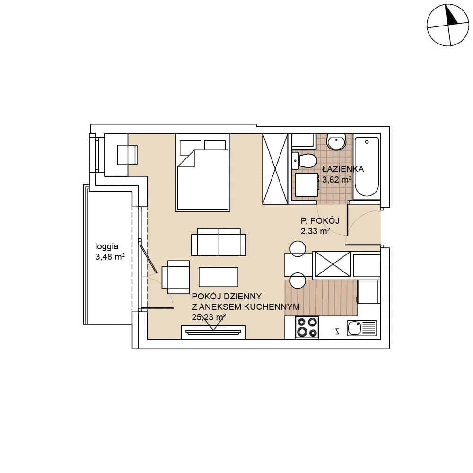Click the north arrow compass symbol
tap(448, 25)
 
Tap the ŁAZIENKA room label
tap(343, 169)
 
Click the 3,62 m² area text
tap(337, 180)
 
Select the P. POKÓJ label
tap(320, 221)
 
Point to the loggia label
tap(107, 246)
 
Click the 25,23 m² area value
tap(209, 317)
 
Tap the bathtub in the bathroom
tap(367, 167)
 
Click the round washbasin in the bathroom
tap(336, 142)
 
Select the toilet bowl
tap(305, 161)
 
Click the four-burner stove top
tap(307, 328)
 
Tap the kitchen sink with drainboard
tap(362, 328)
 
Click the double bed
tap(203, 172)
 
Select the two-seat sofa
tap(219, 242)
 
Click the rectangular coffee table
tap(219, 277)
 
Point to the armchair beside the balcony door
tap(176, 277)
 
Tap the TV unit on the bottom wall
tap(213, 332)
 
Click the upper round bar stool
tap(298, 249)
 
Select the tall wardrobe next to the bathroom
tap(275, 169)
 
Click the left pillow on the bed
tap(190, 148)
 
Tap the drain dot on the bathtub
tap(367, 142)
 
